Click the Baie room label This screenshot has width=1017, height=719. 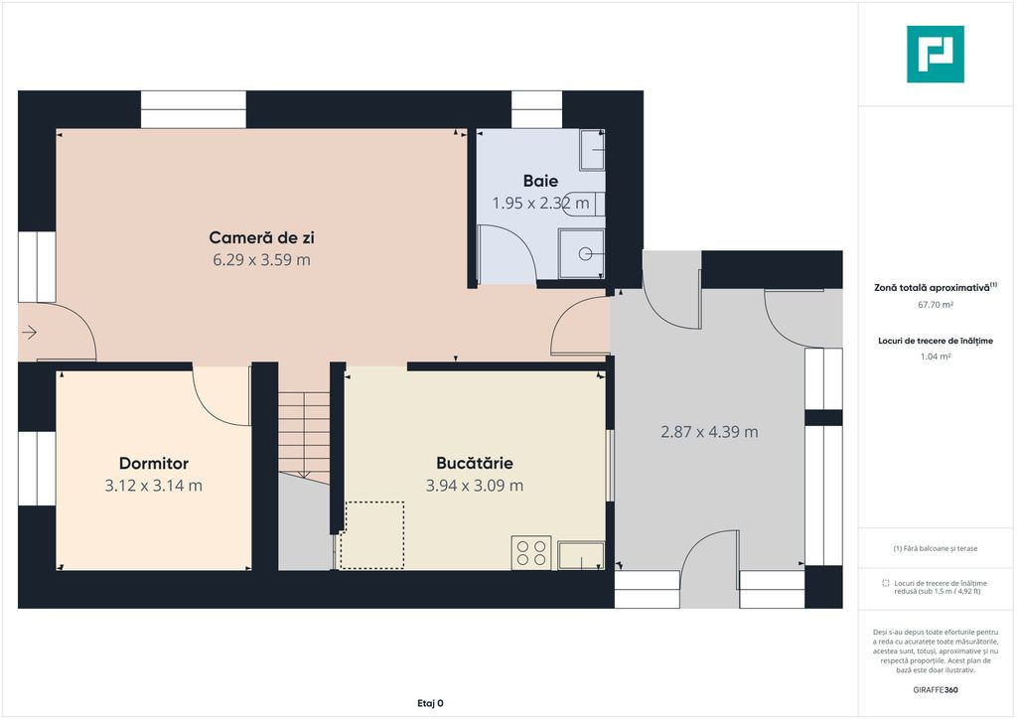coord(540,181)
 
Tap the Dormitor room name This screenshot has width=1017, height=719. coord(154,464)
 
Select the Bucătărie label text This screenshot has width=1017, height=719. coord(475,463)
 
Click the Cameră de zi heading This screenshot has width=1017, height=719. coord(261,238)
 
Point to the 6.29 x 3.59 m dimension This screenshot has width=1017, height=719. coord(261,260)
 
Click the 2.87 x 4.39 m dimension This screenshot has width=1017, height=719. coord(709,432)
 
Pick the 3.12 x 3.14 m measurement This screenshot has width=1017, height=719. coord(154,486)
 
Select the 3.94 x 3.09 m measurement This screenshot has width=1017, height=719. coord(475,486)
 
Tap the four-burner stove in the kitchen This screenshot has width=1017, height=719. coord(531,553)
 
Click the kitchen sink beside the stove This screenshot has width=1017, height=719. coord(581,555)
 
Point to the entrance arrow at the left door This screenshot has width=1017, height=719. coord(29,333)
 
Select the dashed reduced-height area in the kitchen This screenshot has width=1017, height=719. coord(372,535)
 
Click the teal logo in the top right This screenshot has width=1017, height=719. coord(936,55)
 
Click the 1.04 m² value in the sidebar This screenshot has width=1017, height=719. coord(936,356)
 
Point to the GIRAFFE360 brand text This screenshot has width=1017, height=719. coord(936,690)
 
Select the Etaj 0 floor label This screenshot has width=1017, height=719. coord(431,703)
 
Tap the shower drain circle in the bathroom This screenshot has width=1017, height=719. coord(585,254)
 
